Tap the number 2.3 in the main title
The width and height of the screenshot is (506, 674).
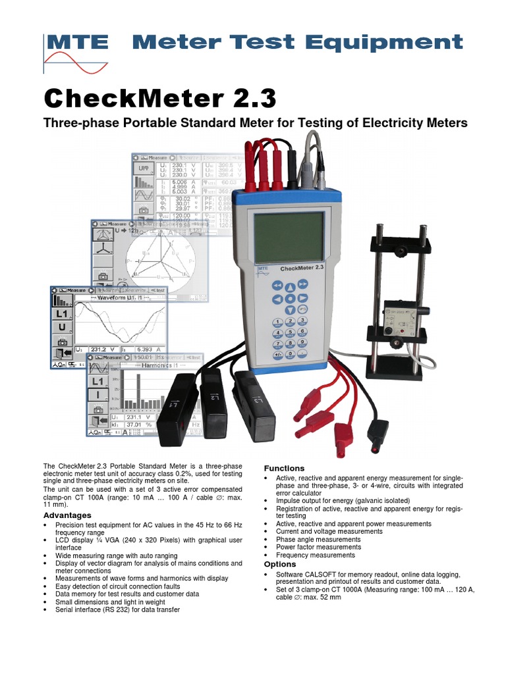pyautogui.click(x=250, y=99)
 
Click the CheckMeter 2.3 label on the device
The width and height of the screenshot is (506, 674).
pyautogui.click(x=301, y=269)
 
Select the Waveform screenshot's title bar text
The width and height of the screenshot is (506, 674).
pyautogui.click(x=118, y=298)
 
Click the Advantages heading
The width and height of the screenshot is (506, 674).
pyautogui.click(x=67, y=515)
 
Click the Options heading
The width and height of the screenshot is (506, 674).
pyautogui.click(x=280, y=565)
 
